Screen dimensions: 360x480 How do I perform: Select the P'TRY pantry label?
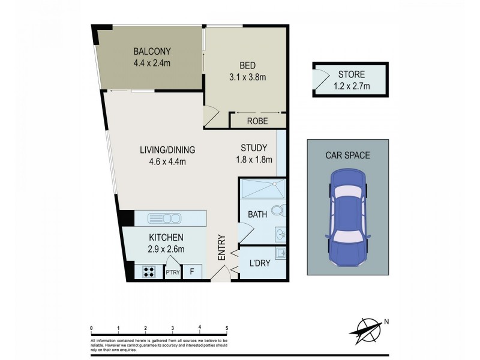pyautogui.click(x=173, y=272)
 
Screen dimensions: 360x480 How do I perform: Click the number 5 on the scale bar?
pyautogui.click(x=226, y=328)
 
